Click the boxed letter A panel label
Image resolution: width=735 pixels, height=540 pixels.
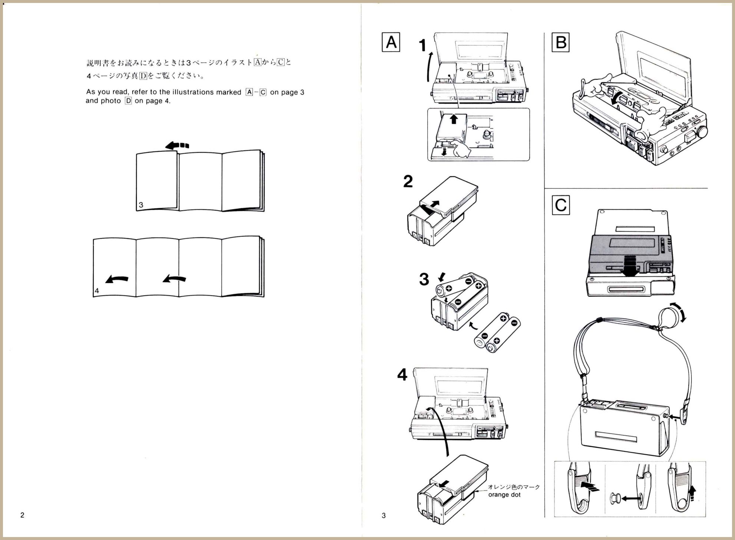pyautogui.click(x=391, y=42)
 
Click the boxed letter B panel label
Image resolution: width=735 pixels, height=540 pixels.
pyautogui.click(x=560, y=42)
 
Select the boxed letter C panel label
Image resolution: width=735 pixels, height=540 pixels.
pyautogui.click(x=560, y=205)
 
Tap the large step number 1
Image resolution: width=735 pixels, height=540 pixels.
pyautogui.click(x=423, y=45)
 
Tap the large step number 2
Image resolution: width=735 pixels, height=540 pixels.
pyautogui.click(x=408, y=182)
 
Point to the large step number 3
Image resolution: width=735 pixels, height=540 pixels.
pyautogui.click(x=424, y=279)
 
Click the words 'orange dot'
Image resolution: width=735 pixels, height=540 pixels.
pyautogui.click(x=504, y=495)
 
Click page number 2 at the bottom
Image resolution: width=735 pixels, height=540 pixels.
pyautogui.click(x=22, y=515)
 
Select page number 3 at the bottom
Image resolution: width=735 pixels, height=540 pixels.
pyautogui.click(x=384, y=515)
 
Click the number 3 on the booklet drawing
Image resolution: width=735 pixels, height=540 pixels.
pyautogui.click(x=141, y=205)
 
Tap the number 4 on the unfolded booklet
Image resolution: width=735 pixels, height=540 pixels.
pyautogui.click(x=97, y=291)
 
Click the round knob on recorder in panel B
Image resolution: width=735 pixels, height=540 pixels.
pyautogui.click(x=701, y=132)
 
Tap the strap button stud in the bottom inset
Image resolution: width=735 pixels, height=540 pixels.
pyautogui.click(x=614, y=498)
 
